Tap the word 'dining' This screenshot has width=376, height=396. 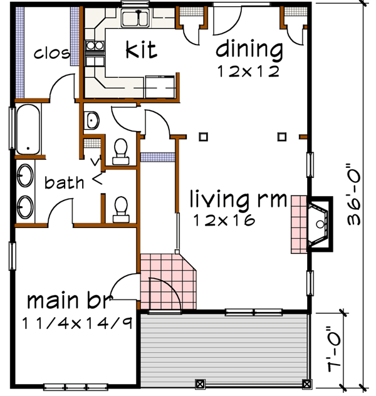coord(249,49)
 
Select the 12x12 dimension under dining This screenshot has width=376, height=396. coord(248,71)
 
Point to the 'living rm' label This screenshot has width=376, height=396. coord(238,199)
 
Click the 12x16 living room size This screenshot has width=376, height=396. coord(224,220)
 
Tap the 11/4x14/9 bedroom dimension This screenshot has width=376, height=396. coord(77,323)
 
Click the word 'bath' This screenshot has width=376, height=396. coord(64,182)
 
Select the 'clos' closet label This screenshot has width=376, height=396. coord(52,53)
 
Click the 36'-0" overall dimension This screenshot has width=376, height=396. coord(353,195)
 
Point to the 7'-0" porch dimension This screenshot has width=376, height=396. coord(333,350)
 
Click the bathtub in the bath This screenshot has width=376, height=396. coord(28,129)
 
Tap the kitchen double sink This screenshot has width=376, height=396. coord(135,18)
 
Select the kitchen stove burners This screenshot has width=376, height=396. coord(95,46)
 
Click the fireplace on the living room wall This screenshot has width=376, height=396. coord(320,224)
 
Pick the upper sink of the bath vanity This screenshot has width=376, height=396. coord(25,175)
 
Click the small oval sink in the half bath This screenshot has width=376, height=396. coord(92,120)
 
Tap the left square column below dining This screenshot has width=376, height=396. coord(203,137)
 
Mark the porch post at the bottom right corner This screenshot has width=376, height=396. coord(306,385)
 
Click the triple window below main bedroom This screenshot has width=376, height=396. coord(76,387)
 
